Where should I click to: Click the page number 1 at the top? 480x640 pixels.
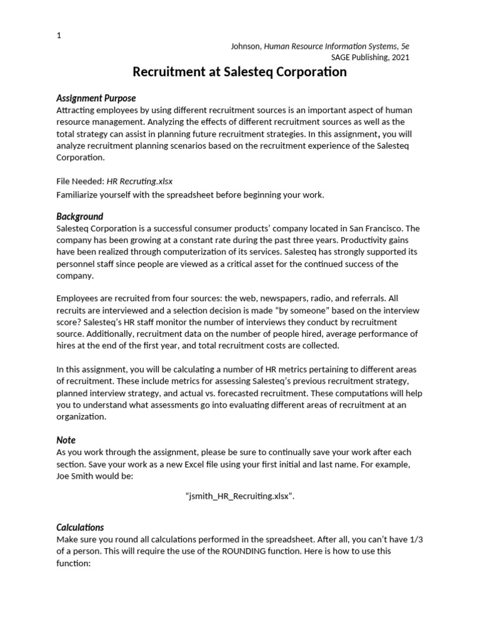[59, 36]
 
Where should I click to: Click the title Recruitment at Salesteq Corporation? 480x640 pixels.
[239, 72]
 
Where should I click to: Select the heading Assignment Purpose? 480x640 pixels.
[96, 98]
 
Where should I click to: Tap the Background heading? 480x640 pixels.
[79, 216]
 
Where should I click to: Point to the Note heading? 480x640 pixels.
[66, 440]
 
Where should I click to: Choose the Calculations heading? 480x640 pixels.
[80, 527]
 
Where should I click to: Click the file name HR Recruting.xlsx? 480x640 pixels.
[139, 181]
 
